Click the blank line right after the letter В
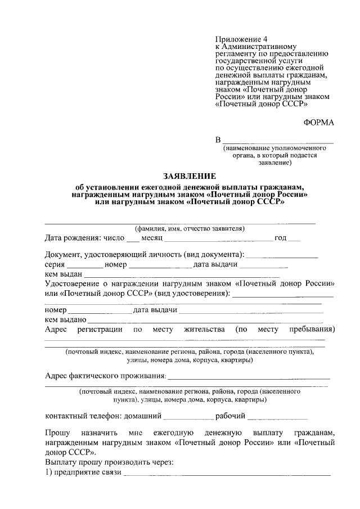(x=278, y=141)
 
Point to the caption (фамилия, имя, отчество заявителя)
(x=189, y=229)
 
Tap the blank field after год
(x=294, y=238)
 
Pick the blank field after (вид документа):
(x=282, y=255)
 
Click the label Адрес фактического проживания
(x=105, y=375)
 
